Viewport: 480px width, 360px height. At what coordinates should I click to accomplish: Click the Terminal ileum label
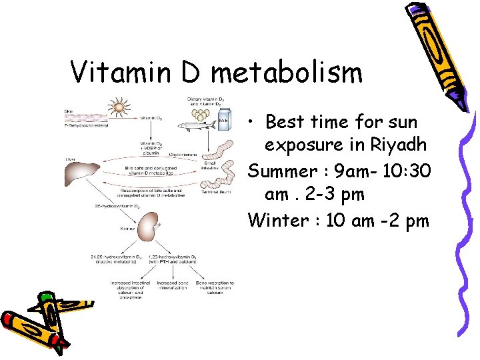click(217, 191)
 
